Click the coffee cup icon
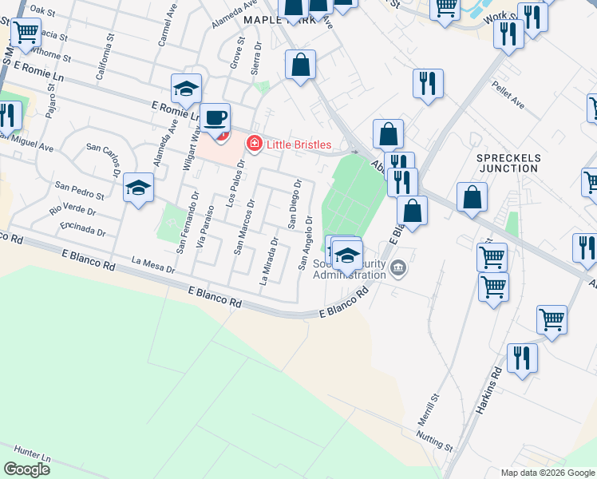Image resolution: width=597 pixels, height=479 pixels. [x=215, y=119]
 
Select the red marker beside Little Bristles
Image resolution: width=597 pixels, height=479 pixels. [x=254, y=144]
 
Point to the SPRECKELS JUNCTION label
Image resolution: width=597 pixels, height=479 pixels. [x=509, y=163]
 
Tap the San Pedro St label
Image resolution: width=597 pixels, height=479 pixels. [x=79, y=190]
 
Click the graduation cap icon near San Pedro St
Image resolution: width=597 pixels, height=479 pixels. [x=138, y=189]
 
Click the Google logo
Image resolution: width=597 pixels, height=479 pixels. [x=27, y=469]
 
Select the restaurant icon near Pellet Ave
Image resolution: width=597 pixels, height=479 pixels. [x=429, y=84]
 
